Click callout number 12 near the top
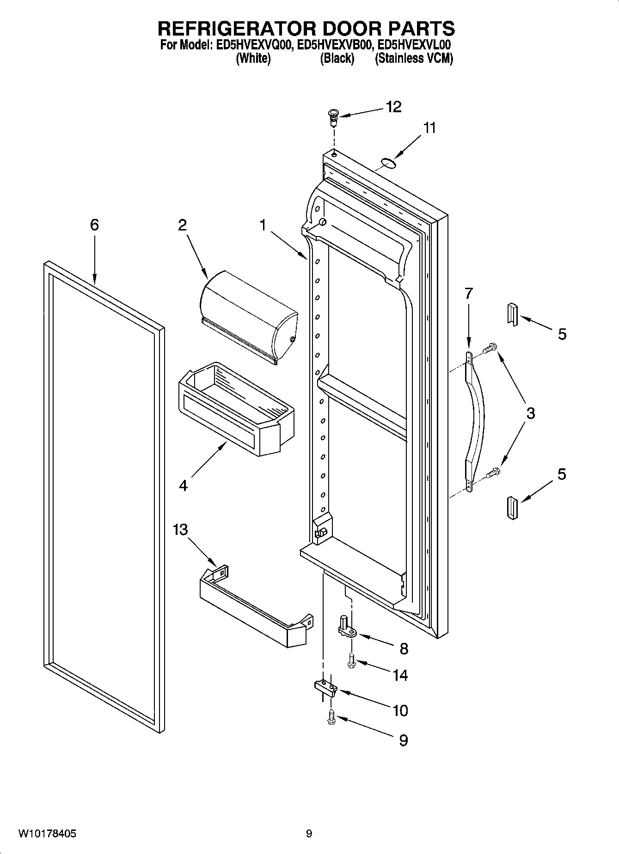[x=394, y=107]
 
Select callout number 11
[x=430, y=128]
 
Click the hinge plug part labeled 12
[x=333, y=117]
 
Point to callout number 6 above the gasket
[x=94, y=225]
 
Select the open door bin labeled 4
[x=233, y=406]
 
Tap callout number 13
[x=180, y=529]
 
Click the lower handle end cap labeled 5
[x=511, y=508]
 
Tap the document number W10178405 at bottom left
[x=48, y=834]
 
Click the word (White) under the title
[x=253, y=59]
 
